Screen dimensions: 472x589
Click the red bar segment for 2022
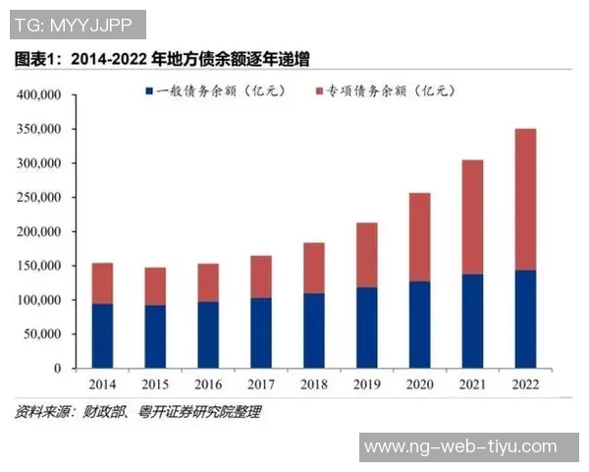(x=526, y=199)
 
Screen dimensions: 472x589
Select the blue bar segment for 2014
(x=102, y=335)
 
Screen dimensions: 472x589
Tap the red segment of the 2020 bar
(x=420, y=237)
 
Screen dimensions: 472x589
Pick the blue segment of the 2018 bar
(x=314, y=330)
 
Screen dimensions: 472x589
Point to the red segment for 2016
(x=208, y=282)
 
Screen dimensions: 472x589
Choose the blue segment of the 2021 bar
(x=473, y=321)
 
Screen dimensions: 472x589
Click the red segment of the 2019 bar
(x=367, y=255)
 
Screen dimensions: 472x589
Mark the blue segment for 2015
(x=155, y=336)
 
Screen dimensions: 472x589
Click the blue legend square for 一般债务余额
(x=148, y=91)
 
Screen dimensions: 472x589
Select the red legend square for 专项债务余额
(x=320, y=91)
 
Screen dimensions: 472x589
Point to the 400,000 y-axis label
(x=39, y=95)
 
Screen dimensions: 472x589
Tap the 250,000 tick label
(x=39, y=198)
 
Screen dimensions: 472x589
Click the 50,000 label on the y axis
(x=43, y=334)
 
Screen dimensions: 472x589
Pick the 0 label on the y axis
(x=57, y=369)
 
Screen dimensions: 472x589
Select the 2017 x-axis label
(x=261, y=383)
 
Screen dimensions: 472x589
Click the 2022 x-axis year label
(x=526, y=383)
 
